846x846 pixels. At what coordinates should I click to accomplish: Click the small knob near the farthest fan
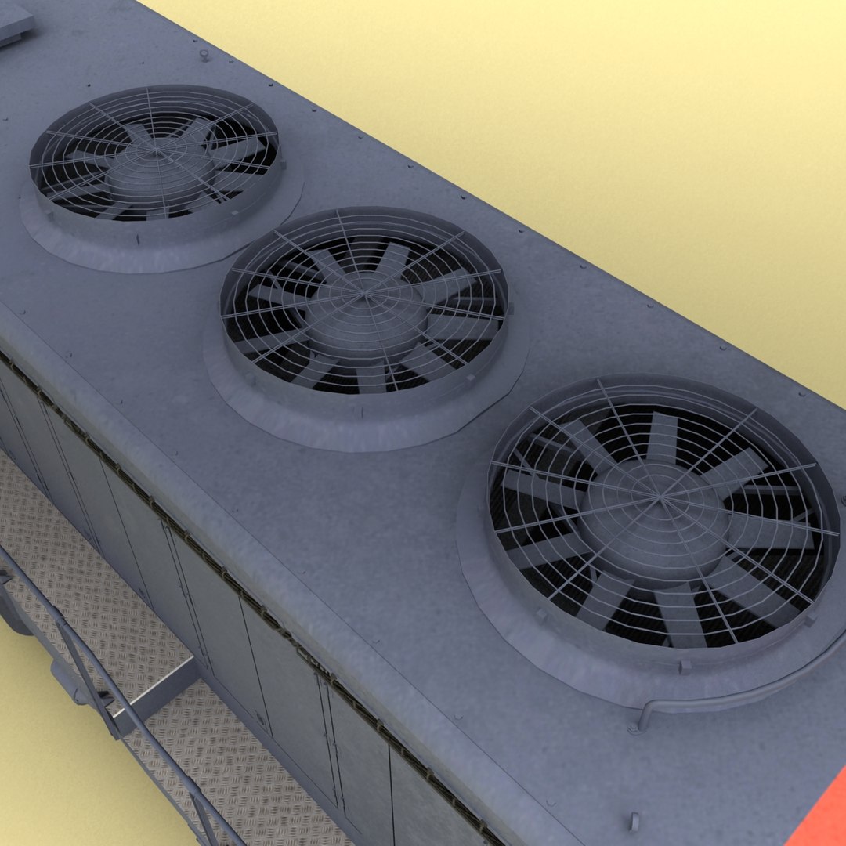point(204,55)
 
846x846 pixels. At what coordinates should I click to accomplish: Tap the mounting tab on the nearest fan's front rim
point(686,667)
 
